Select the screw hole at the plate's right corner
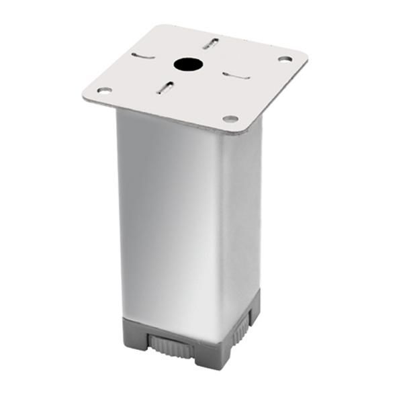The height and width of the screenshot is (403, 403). click(x=284, y=59)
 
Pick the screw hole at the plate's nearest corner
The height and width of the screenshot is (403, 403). click(x=230, y=119)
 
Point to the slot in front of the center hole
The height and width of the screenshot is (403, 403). click(x=165, y=87)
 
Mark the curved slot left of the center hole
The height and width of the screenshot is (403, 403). click(x=143, y=55)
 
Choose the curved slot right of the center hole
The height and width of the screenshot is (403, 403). click(x=236, y=75)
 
